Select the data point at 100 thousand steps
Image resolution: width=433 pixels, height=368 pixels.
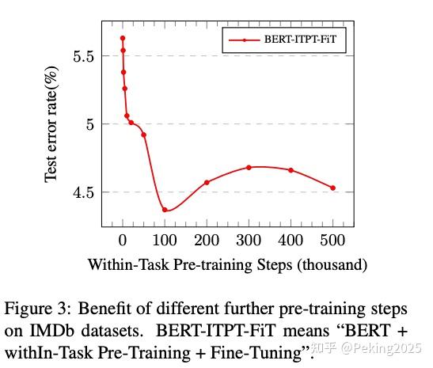[x=165, y=210]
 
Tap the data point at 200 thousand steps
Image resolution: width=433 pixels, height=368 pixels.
[x=207, y=183]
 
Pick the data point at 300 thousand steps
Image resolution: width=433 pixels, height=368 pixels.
[x=249, y=167]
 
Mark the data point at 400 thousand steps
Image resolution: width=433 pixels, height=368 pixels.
[x=291, y=170]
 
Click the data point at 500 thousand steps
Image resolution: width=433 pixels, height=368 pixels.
[x=332, y=188]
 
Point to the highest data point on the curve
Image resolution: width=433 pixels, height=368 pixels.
[x=123, y=38]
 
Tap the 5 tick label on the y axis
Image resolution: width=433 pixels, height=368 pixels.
[x=90, y=124]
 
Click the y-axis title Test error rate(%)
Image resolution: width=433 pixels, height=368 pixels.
[x=51, y=124]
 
